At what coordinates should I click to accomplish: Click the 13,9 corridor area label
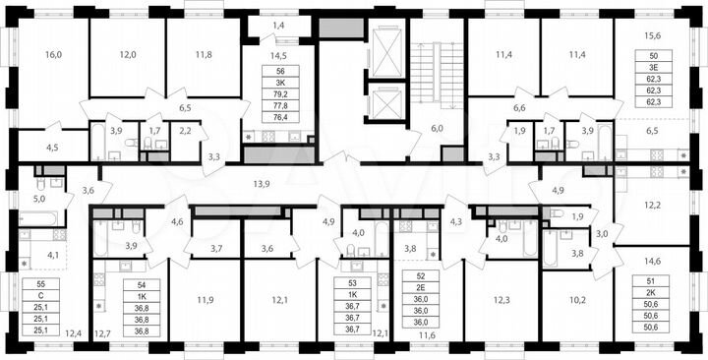tap(262, 184)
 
